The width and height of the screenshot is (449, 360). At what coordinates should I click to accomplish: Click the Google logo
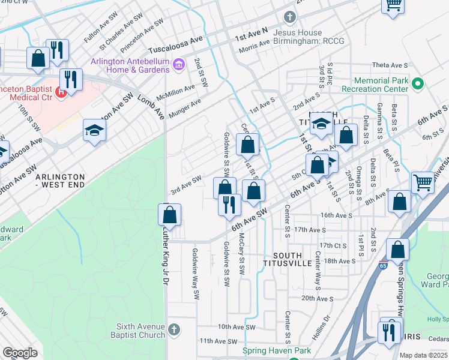coord(20,353)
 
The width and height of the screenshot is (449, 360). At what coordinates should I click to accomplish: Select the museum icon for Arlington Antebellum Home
coord(178,64)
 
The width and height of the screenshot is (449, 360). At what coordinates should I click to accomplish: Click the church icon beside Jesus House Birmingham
coord(290,17)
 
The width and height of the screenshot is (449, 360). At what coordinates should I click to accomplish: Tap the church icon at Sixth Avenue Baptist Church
coord(173,329)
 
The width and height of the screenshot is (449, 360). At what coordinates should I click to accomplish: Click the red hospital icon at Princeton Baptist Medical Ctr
coord(60,92)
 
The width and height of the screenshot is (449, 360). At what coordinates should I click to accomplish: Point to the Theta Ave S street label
coord(390,65)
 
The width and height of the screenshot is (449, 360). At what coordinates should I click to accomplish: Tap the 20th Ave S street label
coord(317,298)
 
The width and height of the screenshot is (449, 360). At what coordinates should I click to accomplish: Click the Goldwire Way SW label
coord(194,265)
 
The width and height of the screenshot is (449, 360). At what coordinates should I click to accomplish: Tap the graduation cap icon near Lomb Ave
coord(95,130)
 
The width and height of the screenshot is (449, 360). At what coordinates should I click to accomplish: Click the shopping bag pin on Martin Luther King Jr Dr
coord(170,215)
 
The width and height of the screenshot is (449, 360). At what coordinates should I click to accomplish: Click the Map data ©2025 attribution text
coord(423,355)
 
